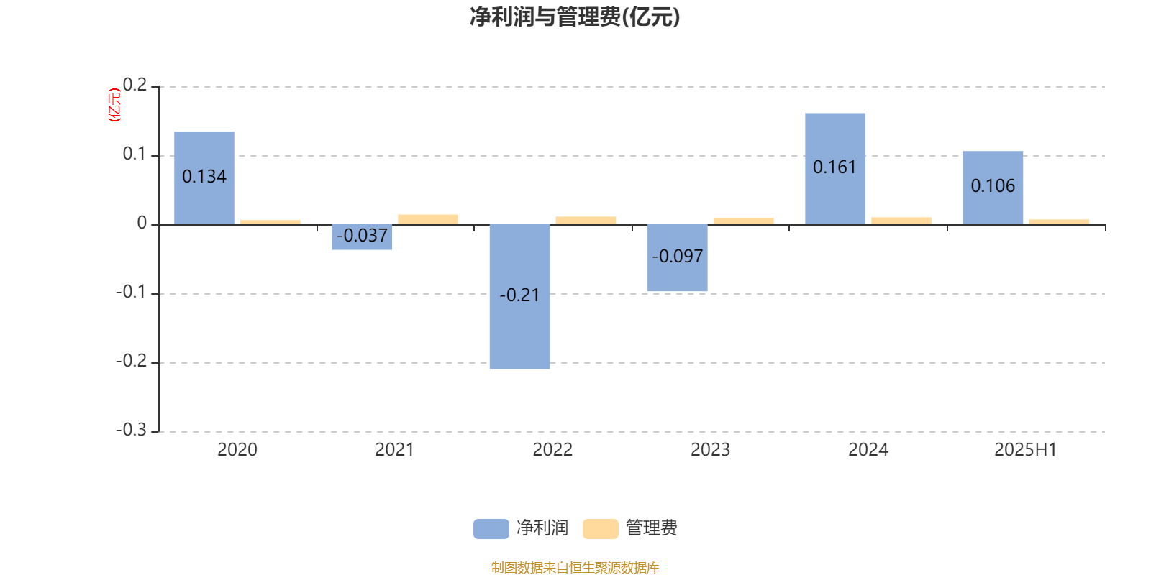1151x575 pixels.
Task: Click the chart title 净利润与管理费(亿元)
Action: [x=575, y=17]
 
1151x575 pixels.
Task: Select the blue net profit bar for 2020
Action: [x=204, y=178]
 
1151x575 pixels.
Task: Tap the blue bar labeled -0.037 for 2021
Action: [x=362, y=237]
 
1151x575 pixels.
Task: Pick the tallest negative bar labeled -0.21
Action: [x=519, y=297]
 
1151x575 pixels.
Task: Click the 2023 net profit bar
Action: [x=677, y=258]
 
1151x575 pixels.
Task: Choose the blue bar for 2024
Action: [x=835, y=169]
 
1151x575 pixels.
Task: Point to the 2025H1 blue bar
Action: [x=993, y=188]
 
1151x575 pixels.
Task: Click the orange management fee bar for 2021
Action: [x=428, y=220]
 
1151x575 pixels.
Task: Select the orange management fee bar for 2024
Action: [x=901, y=221]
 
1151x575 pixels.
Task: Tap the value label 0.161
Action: [x=834, y=167]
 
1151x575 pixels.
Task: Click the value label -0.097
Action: [x=677, y=256]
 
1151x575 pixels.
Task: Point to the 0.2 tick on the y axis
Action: [x=135, y=85]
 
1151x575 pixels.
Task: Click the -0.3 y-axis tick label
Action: [x=131, y=430]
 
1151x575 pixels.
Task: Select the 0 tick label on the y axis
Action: [x=142, y=223]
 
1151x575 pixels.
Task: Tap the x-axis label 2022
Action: [x=552, y=450]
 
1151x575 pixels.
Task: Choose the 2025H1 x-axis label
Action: [x=1026, y=450]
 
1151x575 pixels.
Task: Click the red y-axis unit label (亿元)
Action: [x=114, y=105]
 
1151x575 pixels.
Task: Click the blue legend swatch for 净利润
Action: [x=491, y=529]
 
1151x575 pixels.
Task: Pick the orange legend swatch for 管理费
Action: [x=600, y=529]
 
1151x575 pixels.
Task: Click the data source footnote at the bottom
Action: [x=575, y=567]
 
